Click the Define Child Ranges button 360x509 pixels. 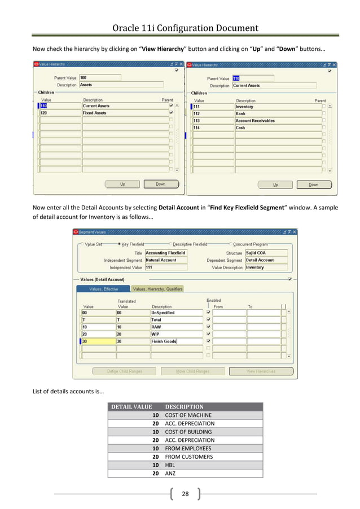(x=125, y=371)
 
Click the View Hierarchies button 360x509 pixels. (x=261, y=371)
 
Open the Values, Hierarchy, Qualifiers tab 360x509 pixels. (x=157, y=289)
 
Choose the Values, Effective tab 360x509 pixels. (x=104, y=289)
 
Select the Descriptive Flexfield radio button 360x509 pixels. (x=170, y=244)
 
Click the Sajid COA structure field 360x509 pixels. (x=266, y=253)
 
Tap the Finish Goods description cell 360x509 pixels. (x=175, y=341)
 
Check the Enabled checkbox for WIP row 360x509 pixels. (x=209, y=334)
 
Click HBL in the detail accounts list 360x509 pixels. (x=170, y=466)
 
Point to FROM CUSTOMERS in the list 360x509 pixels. (x=188, y=457)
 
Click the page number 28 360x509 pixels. (x=185, y=494)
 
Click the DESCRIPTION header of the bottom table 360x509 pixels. (x=184, y=407)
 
